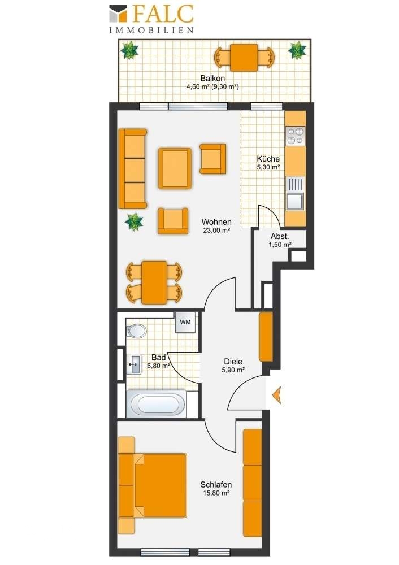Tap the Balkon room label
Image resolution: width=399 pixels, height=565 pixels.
tap(212, 78)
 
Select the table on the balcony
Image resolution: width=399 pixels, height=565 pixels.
tap(244, 57)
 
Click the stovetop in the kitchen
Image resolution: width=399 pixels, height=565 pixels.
tap(295, 136)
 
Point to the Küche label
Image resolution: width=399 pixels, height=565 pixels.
tap(268, 159)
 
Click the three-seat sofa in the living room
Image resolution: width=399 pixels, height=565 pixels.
tap(133, 169)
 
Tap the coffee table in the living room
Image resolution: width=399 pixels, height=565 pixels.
tap(175, 168)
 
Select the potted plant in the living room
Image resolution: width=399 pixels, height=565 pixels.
tap(134, 221)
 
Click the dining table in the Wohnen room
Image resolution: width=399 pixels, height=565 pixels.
tap(154, 282)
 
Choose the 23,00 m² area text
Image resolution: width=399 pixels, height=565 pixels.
tap(216, 231)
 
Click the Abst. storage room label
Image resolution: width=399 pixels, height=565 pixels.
tap(280, 236)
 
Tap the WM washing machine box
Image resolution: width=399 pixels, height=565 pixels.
tap(185, 322)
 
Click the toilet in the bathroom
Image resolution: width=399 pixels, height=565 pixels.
tap(137, 331)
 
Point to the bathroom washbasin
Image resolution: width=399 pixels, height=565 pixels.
tap(134, 364)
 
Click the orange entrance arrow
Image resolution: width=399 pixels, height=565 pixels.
tap(276, 395)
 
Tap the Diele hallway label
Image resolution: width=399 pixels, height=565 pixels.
tap(233, 362)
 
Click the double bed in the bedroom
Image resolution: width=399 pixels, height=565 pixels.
tap(153, 485)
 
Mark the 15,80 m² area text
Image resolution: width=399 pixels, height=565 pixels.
tap(216, 493)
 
